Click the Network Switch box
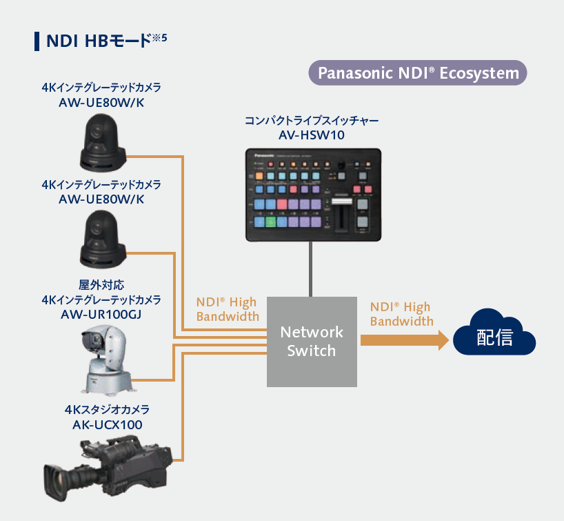pyautogui.click(x=312, y=341)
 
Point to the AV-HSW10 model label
pyautogui.click(x=312, y=135)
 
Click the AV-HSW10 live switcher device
pyautogui.click(x=314, y=194)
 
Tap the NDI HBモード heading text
pyautogui.click(x=97, y=41)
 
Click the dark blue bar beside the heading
pyautogui.click(x=36, y=41)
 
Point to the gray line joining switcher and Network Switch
pyautogui.click(x=312, y=269)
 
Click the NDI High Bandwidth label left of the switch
pyautogui.click(x=228, y=309)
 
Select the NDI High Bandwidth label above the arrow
pyautogui.click(x=401, y=314)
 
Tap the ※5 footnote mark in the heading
pyautogui.click(x=160, y=38)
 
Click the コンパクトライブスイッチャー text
pyautogui.click(x=312, y=121)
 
